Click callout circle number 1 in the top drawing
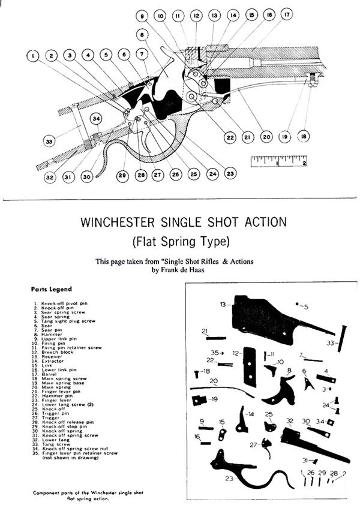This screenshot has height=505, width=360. tap(33, 56)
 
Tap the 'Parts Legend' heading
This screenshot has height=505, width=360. tap(51, 289)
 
